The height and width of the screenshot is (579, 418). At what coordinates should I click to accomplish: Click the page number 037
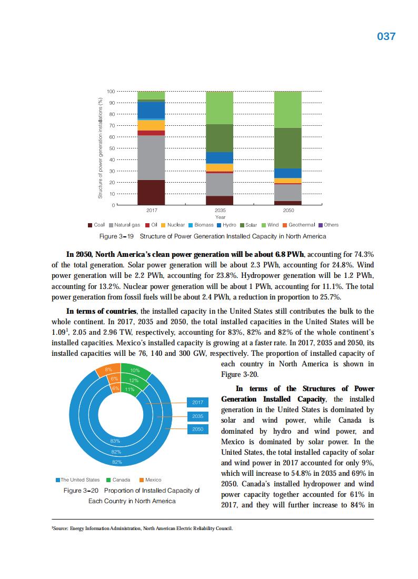[386, 36]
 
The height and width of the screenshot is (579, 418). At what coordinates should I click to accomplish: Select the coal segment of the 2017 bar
[151, 192]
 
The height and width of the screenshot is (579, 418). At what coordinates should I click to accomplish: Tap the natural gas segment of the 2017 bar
[151, 157]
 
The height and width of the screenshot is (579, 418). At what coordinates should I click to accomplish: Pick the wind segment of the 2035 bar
[220, 107]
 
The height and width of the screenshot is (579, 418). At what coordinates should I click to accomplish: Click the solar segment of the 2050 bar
[288, 148]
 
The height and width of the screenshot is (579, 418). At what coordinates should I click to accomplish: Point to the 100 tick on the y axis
[111, 92]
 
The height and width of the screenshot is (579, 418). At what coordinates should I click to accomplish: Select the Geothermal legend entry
[302, 225]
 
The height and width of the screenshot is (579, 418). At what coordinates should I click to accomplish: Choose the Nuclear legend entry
[176, 225]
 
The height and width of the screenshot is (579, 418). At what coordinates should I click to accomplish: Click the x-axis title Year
[220, 217]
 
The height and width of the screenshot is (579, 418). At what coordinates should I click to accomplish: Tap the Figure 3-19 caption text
[212, 237]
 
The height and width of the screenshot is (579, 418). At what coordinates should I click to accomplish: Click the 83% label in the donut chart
[115, 441]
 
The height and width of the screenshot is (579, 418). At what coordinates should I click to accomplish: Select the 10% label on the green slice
[134, 372]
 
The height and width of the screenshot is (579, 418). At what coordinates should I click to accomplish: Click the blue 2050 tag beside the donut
[198, 430]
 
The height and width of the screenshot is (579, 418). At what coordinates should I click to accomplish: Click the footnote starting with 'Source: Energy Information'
[142, 529]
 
